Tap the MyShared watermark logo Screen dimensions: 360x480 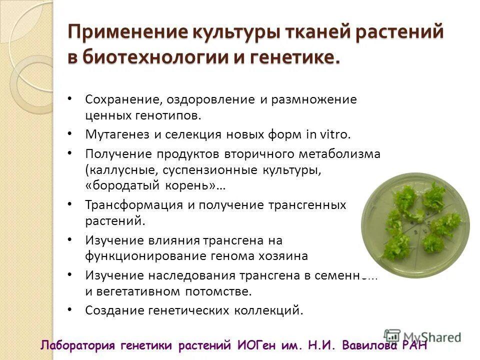(422, 336)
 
